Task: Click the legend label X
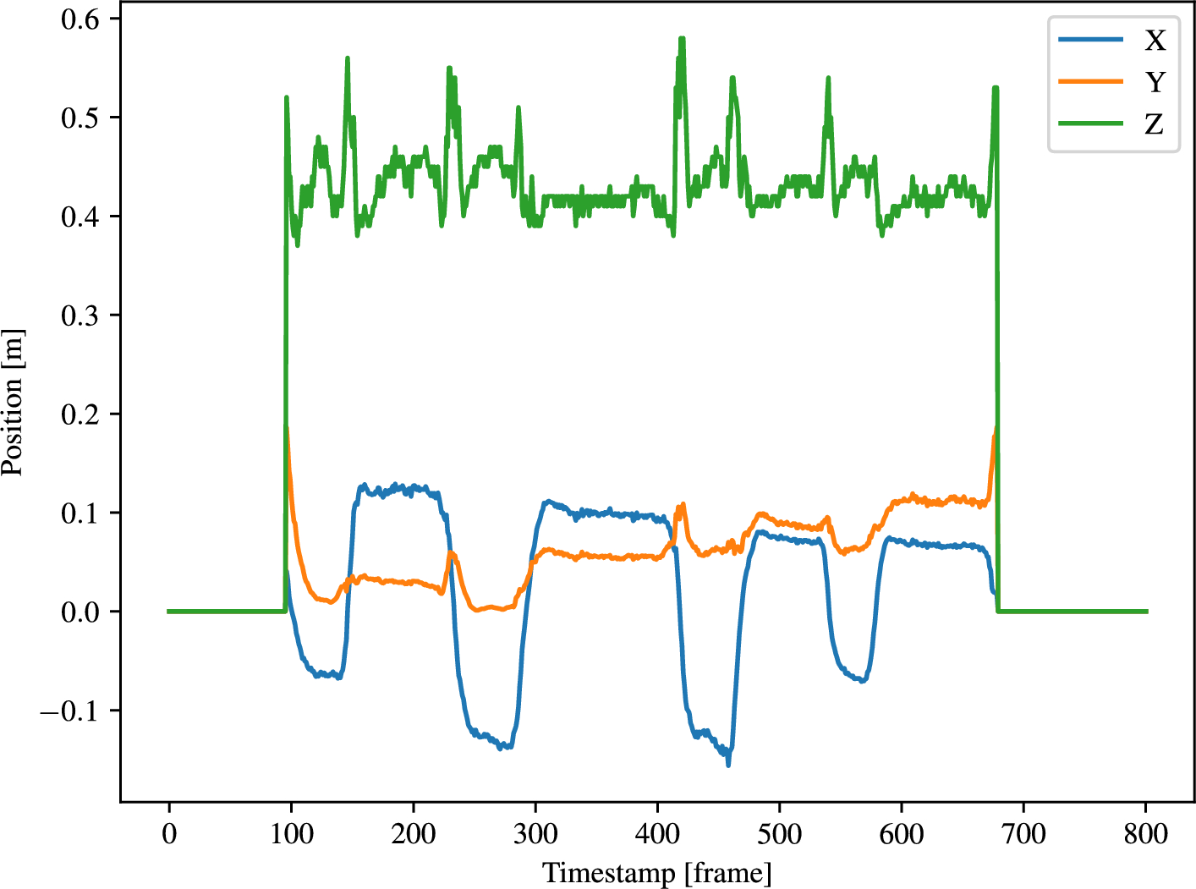coord(1155,41)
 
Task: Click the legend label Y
coord(1155,82)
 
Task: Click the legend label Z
coord(1155,124)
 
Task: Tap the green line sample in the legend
coord(1091,123)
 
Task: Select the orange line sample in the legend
coord(1091,81)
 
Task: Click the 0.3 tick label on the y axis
coord(80,316)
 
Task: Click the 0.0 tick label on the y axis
coord(80,612)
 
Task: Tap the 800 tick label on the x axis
coord(1145,834)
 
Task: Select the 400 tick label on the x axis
coord(657,834)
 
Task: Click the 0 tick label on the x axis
coord(169,834)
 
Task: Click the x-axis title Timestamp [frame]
coord(657,872)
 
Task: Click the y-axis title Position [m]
coord(13,403)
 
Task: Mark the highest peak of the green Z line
coord(682,38)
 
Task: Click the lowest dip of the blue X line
coord(728,765)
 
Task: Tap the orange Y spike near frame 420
coord(682,505)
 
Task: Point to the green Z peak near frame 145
coord(347,58)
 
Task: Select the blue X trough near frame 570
coord(863,680)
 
